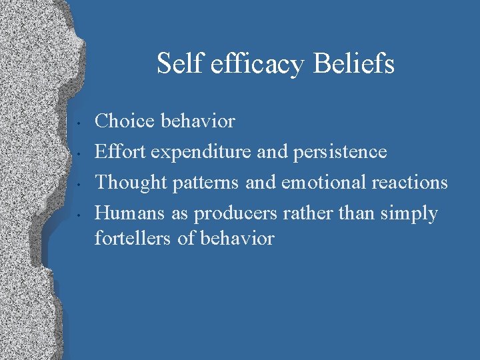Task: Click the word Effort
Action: point(120,152)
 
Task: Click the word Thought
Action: point(129,183)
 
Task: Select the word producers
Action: point(234,214)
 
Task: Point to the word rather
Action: point(304,213)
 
